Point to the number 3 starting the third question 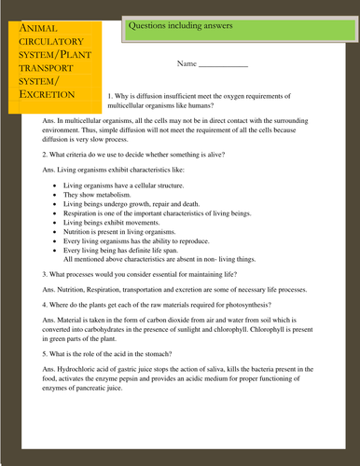[45, 276]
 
